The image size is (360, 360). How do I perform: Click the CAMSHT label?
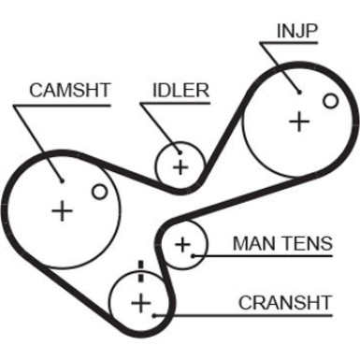click(70, 90)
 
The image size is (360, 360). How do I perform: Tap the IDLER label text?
click(180, 91)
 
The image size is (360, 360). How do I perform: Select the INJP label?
click(297, 31)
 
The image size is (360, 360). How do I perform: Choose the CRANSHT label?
click(285, 302)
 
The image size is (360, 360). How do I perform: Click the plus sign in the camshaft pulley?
click(63, 211)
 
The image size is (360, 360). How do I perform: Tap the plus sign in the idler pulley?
click(180, 167)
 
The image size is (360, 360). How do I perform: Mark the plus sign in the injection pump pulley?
click(299, 122)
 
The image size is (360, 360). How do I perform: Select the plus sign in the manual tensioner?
click(182, 244)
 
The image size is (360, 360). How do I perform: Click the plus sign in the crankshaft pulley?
click(141, 303)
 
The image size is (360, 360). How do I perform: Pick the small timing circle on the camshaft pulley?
click(100, 192)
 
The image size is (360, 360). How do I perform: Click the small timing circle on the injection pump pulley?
click(330, 101)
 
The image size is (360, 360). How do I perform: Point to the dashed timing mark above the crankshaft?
click(141, 271)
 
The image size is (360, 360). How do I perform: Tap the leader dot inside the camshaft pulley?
click(62, 180)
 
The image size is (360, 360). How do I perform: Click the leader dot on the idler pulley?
click(180, 152)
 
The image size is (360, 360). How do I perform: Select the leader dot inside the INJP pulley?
click(299, 92)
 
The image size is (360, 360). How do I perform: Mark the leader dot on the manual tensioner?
click(193, 256)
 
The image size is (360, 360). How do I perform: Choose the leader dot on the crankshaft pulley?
click(154, 315)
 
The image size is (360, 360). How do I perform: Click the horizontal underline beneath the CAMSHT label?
click(62, 106)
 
